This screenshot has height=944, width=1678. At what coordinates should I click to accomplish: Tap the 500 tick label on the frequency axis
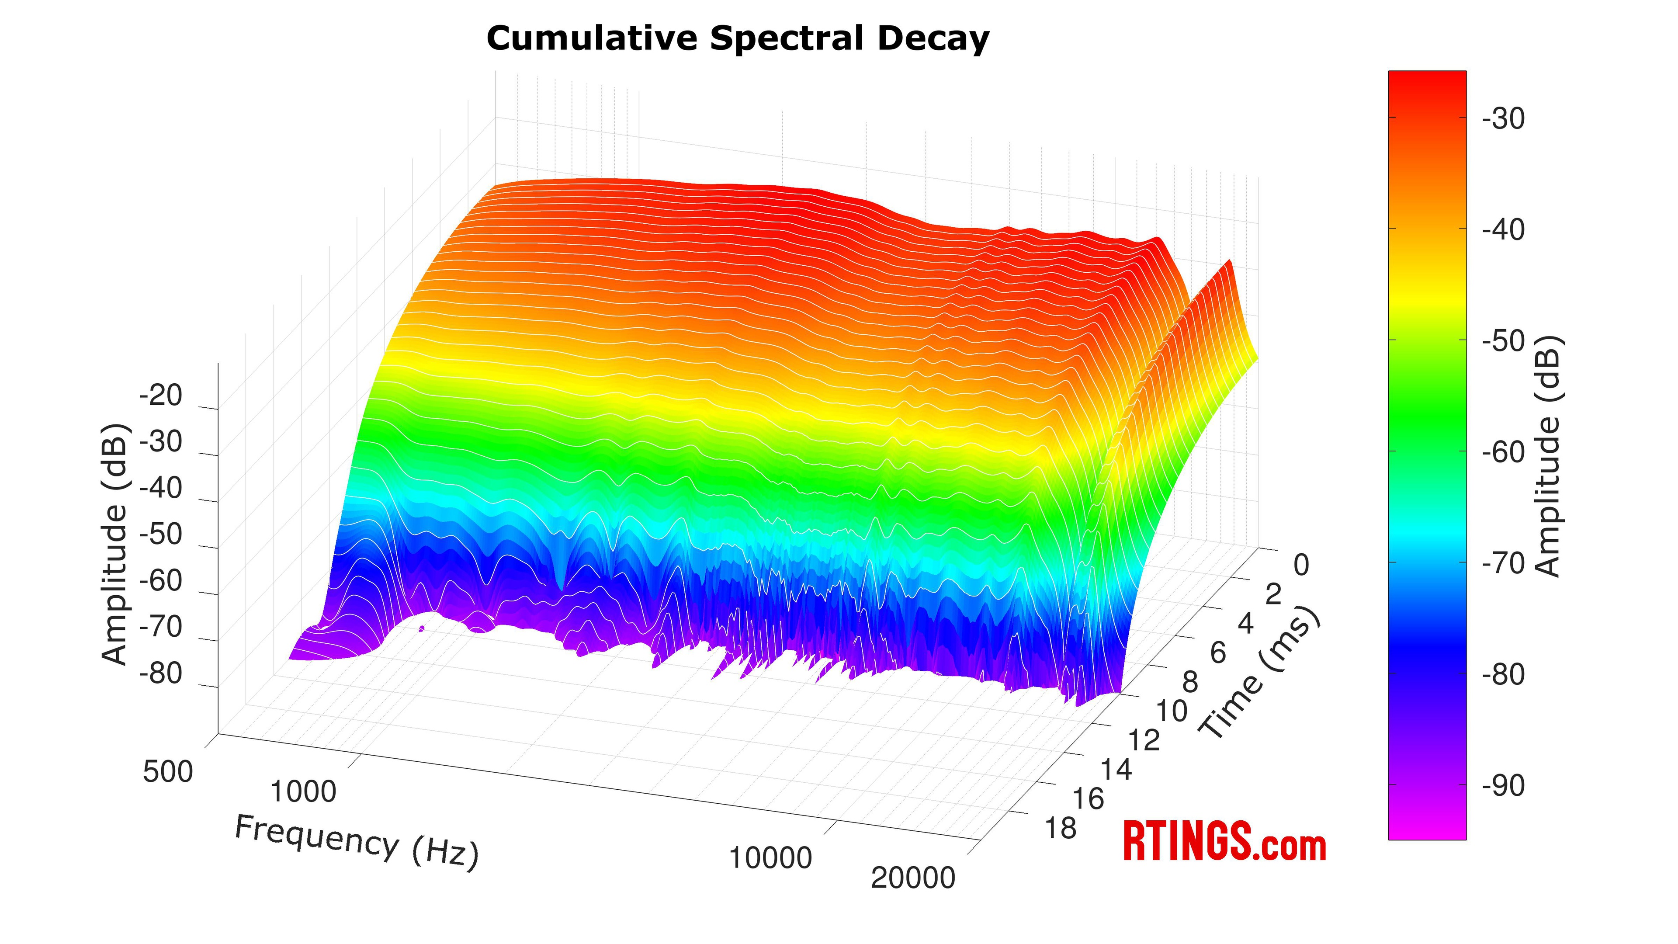point(168,772)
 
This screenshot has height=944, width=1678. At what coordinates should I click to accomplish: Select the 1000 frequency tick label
point(303,791)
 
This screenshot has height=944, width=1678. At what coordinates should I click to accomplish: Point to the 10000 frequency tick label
point(770,858)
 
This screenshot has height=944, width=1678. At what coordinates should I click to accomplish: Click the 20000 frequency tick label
point(912,878)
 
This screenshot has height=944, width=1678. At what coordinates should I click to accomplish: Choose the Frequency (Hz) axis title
point(356,842)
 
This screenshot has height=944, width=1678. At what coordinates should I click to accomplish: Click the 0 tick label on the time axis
point(1301,566)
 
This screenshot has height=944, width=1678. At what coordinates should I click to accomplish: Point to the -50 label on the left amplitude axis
point(161,534)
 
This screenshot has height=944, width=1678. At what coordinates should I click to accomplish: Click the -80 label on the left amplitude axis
point(161,673)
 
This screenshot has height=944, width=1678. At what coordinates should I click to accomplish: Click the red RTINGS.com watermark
point(1224,842)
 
